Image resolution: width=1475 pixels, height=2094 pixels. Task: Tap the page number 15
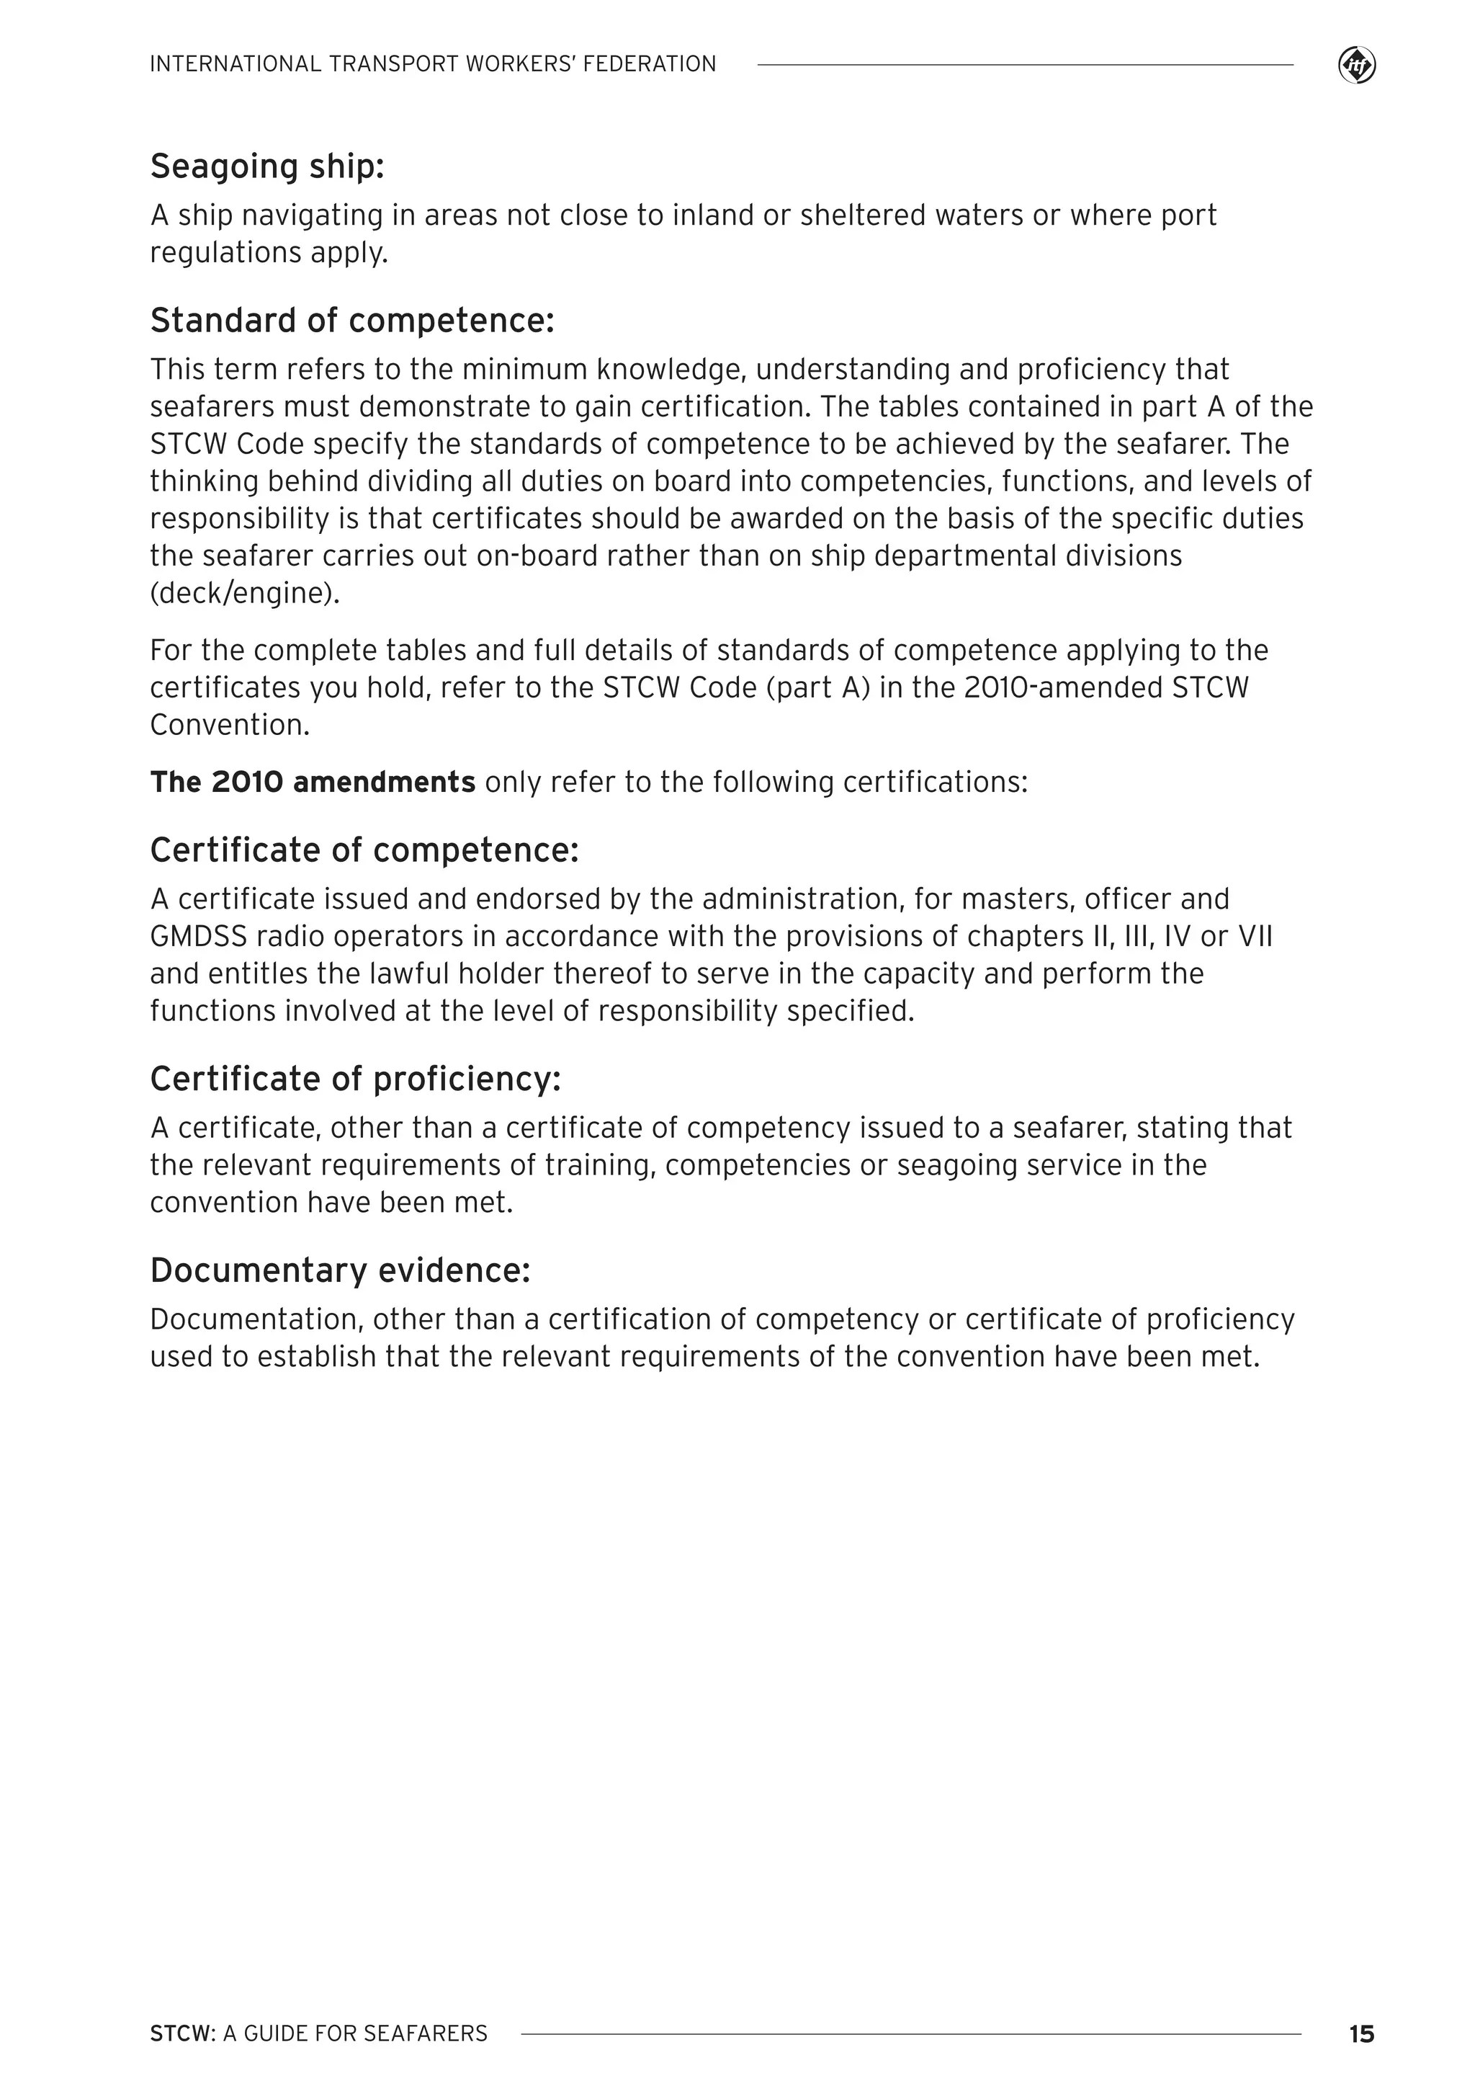pos(1360,2033)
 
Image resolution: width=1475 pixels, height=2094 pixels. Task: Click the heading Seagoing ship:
pos(267,167)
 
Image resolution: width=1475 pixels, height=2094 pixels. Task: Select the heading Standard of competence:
pos(352,321)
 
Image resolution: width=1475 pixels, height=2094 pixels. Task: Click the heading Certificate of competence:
pos(364,850)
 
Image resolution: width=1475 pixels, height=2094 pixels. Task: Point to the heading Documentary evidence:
pos(340,1270)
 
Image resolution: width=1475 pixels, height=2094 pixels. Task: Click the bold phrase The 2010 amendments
pos(313,783)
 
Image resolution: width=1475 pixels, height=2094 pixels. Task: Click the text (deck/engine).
pos(244,594)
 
